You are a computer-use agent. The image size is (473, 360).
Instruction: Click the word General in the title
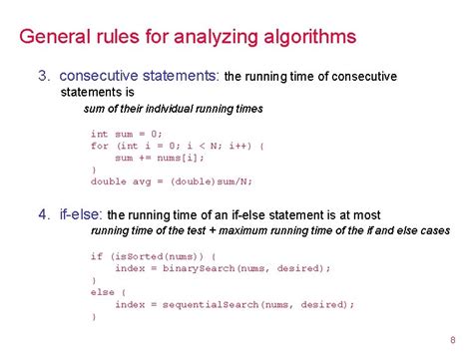tap(56, 39)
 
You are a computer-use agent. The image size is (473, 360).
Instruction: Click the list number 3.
tap(43, 76)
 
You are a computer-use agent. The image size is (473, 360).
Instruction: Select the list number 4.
tap(43, 213)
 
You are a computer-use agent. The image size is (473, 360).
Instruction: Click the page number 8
tap(452, 336)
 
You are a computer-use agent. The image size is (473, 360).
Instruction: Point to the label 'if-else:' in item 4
tap(79, 213)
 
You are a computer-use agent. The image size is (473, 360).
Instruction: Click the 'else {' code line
tap(106, 292)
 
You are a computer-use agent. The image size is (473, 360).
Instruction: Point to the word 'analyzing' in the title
tap(206, 39)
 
